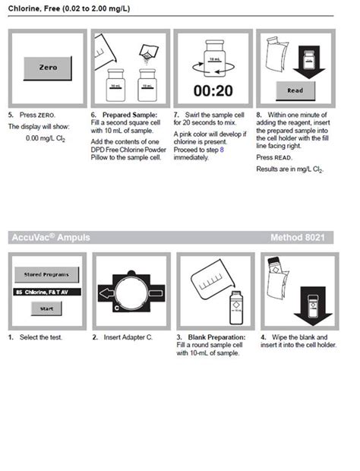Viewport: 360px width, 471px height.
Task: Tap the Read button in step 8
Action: [294, 89]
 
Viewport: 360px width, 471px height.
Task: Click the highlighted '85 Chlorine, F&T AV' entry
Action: [47, 292]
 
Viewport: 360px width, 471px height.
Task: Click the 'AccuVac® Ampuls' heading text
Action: [50, 238]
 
